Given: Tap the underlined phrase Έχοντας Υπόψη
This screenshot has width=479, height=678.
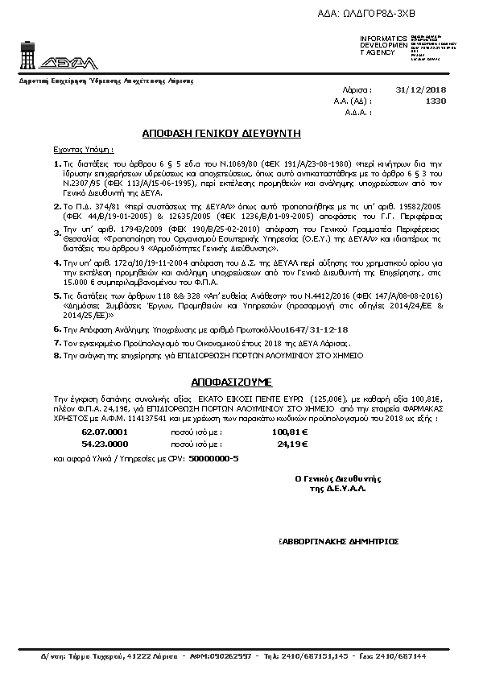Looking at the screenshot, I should (84, 150).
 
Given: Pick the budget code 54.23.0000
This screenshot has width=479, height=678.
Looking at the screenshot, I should (105, 443).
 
